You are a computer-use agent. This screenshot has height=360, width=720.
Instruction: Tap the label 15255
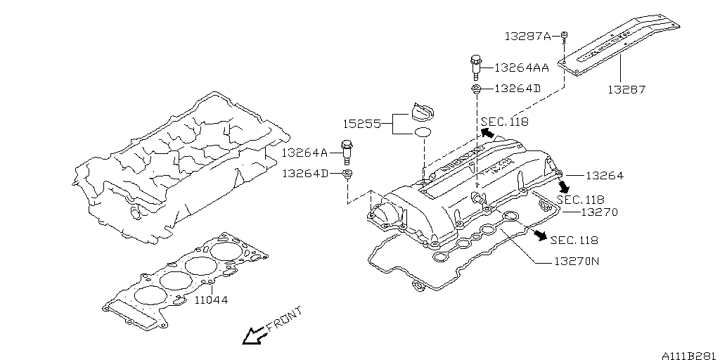(361, 124)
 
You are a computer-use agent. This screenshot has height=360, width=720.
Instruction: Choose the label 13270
(600, 212)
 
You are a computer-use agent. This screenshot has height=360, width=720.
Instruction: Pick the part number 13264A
(304, 152)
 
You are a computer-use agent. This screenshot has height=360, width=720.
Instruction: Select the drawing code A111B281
(688, 355)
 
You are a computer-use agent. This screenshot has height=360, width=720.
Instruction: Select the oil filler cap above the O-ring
(422, 112)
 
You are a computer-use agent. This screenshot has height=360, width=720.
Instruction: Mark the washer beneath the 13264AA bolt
(475, 89)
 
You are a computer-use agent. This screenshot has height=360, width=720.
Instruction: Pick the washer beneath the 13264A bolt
(347, 173)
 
